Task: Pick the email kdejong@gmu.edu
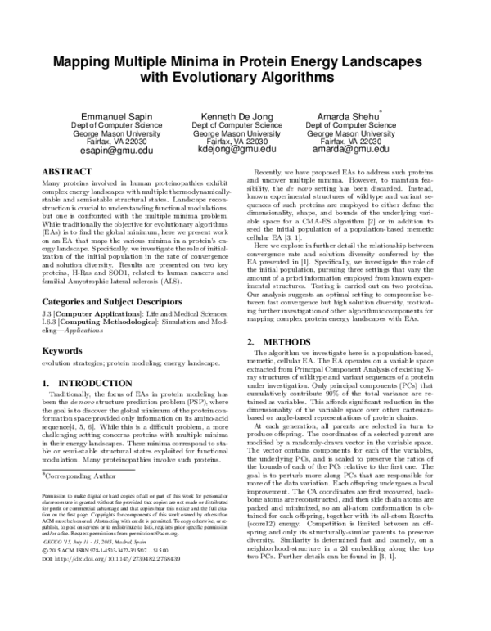pos(241,151)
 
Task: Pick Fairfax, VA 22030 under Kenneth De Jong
pos(241,142)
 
